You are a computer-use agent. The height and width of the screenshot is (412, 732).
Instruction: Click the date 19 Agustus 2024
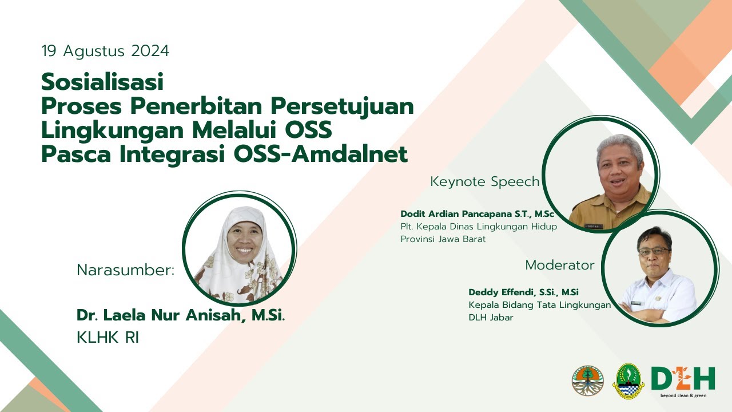coord(105,51)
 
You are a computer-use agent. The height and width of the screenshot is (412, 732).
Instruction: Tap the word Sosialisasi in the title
coord(102,82)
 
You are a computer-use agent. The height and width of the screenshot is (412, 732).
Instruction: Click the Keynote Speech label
coord(484,182)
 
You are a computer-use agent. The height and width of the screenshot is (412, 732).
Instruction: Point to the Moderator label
coord(559,266)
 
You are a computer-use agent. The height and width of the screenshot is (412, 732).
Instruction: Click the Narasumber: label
coord(125,271)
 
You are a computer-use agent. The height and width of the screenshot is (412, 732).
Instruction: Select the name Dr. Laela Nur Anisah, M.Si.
coord(180,315)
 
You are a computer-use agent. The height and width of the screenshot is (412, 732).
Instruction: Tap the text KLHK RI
coord(108,338)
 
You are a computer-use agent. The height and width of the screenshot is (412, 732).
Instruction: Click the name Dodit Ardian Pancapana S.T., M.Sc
coord(477,214)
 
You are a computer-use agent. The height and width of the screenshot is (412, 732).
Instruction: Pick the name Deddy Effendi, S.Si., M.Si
coord(523,292)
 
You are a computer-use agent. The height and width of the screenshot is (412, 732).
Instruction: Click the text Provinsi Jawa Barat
coord(443,239)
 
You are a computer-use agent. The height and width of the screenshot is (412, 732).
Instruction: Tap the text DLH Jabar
coord(491,318)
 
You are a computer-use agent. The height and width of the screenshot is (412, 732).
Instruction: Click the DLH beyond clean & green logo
coord(683,380)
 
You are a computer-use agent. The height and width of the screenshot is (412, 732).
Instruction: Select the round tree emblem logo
coord(587,381)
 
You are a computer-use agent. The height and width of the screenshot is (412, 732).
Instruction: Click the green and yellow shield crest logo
coord(628,381)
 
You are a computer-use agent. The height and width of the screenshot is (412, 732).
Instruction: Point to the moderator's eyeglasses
coord(654,251)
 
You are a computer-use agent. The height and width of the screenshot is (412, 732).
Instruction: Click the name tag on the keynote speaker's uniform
coord(594,227)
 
